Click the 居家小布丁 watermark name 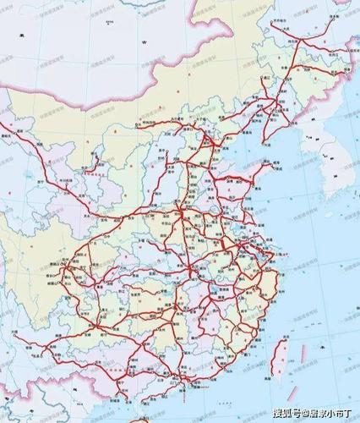(325, 413)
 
